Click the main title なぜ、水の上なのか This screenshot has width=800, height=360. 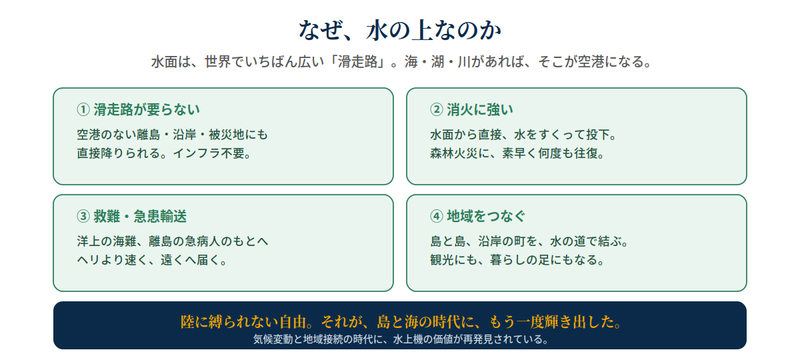coord(400,30)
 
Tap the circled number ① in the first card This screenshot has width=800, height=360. coord(83,109)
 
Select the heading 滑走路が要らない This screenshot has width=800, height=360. coord(147,109)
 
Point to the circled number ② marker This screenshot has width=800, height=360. coord(437,109)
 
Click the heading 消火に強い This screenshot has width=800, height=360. coord(480,109)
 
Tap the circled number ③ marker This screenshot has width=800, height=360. coord(83,216)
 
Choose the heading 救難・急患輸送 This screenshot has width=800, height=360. coord(140,216)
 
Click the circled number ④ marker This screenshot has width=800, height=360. coord(437,216)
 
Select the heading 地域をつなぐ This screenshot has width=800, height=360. coord(486,216)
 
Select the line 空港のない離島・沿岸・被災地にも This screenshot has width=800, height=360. coord(173,135)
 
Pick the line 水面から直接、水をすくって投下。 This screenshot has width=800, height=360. coord(523,135)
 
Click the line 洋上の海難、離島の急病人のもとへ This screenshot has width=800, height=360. coord(173,241)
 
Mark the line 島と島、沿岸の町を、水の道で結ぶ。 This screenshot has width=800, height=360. coord(529,241)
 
